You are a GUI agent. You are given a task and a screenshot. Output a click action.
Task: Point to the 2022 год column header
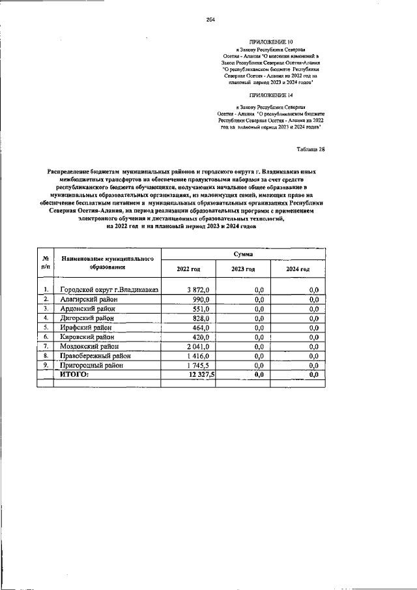[188, 269]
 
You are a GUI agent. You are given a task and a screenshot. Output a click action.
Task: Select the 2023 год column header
[243, 269]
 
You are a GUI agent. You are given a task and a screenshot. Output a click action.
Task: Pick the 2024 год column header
[298, 269]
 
